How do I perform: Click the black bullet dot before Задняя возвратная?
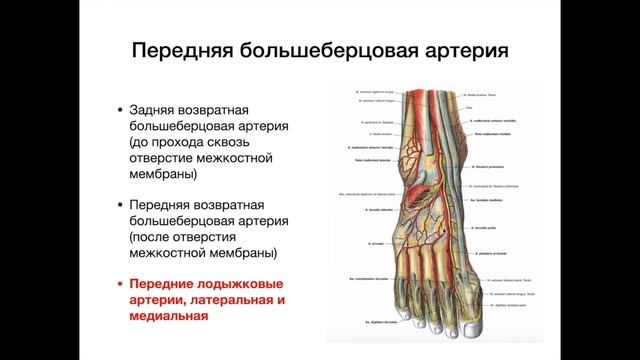121,109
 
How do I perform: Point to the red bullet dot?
121,287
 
